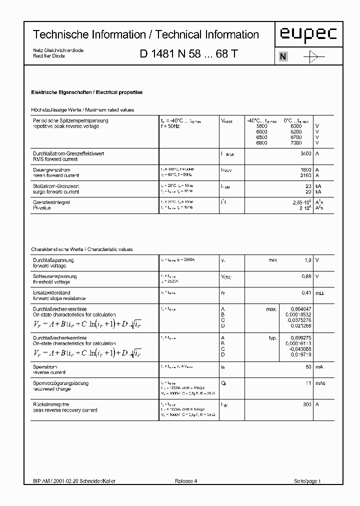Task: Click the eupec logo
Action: pos(307,34)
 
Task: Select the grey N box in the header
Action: pos(282,56)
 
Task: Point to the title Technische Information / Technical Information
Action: pos(146,34)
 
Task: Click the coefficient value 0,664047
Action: pos(300,309)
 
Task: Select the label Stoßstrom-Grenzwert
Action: pos(56,186)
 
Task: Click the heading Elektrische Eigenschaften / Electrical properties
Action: pos(87,92)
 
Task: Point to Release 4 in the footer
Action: pos(186,481)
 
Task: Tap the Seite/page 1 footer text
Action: pos(306,481)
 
